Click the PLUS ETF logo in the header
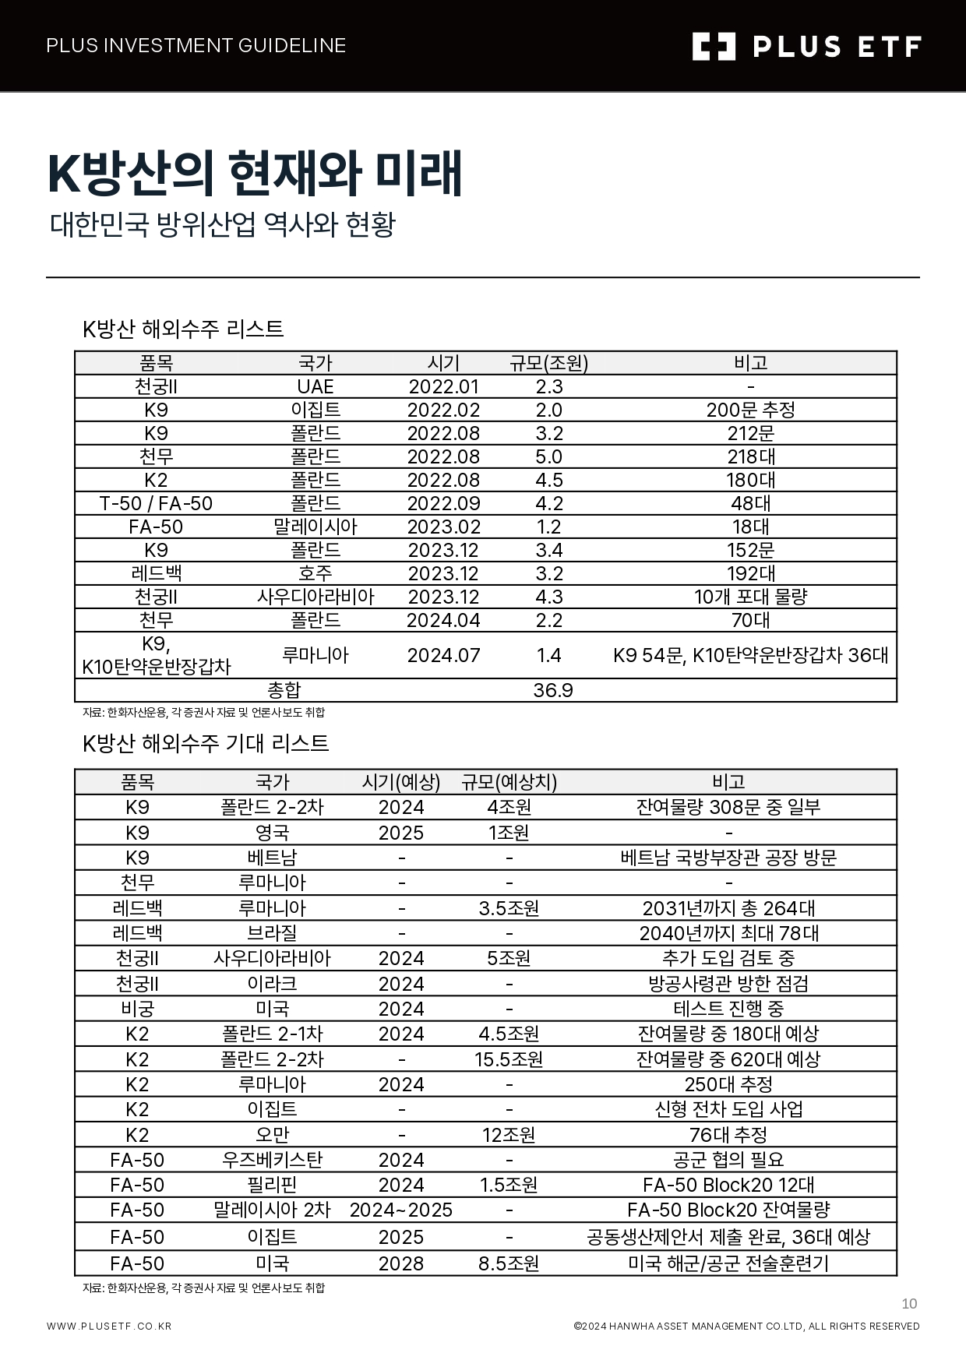tap(806, 47)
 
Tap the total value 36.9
tap(553, 691)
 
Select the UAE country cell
tap(316, 387)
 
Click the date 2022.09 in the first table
tap(443, 504)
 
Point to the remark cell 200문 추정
tap(750, 410)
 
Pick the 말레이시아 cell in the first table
tap(316, 527)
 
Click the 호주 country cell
tap(316, 574)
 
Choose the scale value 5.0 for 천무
tap(549, 457)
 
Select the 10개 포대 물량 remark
tap(750, 597)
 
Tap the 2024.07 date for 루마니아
tap(443, 656)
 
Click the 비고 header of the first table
tap(750, 363)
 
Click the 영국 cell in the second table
tap(272, 833)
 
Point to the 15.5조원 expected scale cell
tap(509, 1059)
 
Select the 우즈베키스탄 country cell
tap(272, 1160)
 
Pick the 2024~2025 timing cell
tap(401, 1210)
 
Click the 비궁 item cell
tap(137, 1009)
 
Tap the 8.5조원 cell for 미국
tap(509, 1263)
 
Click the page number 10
tap(909, 1304)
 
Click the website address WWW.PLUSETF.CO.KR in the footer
tap(109, 1326)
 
